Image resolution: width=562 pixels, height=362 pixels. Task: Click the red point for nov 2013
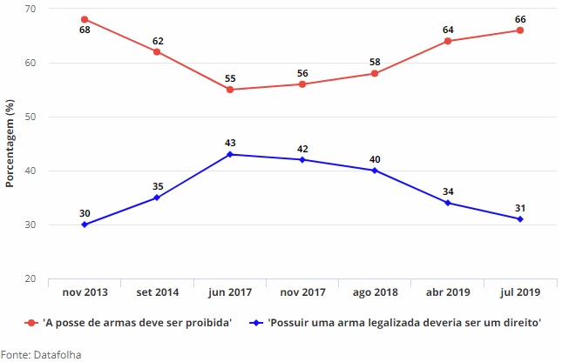[x=85, y=19]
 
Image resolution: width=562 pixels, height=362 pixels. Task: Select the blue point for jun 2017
[x=229, y=154]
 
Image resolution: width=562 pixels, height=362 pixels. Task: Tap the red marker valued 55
[x=229, y=90]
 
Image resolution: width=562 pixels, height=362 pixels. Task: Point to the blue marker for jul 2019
[x=519, y=219]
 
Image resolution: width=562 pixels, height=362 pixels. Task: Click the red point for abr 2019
[x=447, y=41]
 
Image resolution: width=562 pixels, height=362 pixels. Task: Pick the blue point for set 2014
[x=157, y=198]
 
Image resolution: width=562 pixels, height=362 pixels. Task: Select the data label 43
[x=229, y=142]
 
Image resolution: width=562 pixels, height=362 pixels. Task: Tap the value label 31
[x=519, y=207]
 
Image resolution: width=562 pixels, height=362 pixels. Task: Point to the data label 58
[x=375, y=62]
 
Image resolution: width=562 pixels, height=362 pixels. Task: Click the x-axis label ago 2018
[x=375, y=294]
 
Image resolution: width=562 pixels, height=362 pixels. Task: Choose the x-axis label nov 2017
[x=301, y=294]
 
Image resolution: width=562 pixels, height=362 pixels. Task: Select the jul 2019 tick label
[x=519, y=294]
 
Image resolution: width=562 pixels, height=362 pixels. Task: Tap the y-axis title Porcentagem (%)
[x=10, y=144]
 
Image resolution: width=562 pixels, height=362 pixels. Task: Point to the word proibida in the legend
[x=207, y=322]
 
